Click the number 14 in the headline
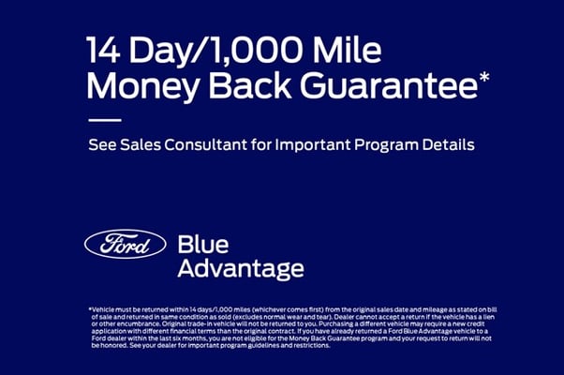(103, 50)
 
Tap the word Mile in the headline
(347, 50)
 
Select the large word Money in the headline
(142, 87)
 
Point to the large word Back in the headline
(249, 85)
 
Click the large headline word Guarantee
(389, 85)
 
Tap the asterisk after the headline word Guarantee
(484, 77)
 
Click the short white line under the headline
(105, 120)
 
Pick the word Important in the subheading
(312, 145)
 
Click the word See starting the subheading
(102, 144)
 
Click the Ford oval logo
(126, 244)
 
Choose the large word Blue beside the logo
(203, 245)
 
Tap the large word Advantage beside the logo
(241, 269)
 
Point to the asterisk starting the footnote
(90, 308)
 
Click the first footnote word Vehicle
(103, 309)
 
